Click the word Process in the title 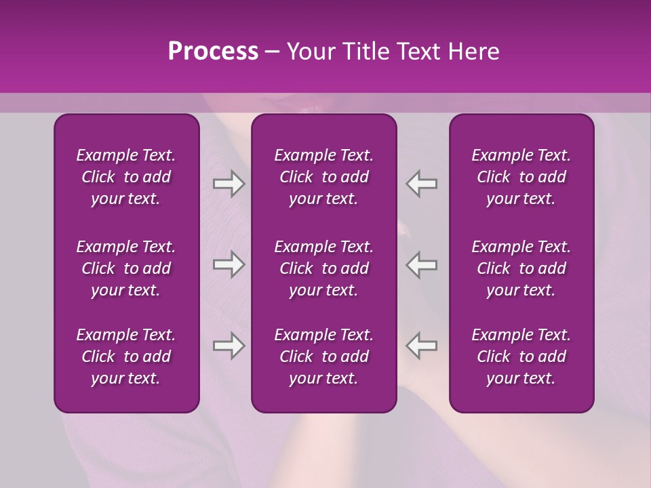(213, 52)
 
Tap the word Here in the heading (473, 52)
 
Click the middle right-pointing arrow (229, 264)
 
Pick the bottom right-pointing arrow (229, 346)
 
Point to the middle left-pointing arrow (422, 264)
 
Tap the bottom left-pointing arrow (422, 346)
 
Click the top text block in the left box (126, 177)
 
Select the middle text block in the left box (126, 268)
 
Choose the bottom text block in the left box (126, 357)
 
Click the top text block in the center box (324, 177)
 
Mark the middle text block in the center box (324, 268)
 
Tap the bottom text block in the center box (324, 357)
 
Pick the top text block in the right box (521, 177)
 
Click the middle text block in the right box (521, 268)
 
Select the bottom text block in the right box (521, 357)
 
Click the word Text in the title (416, 52)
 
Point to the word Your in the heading (309, 52)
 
